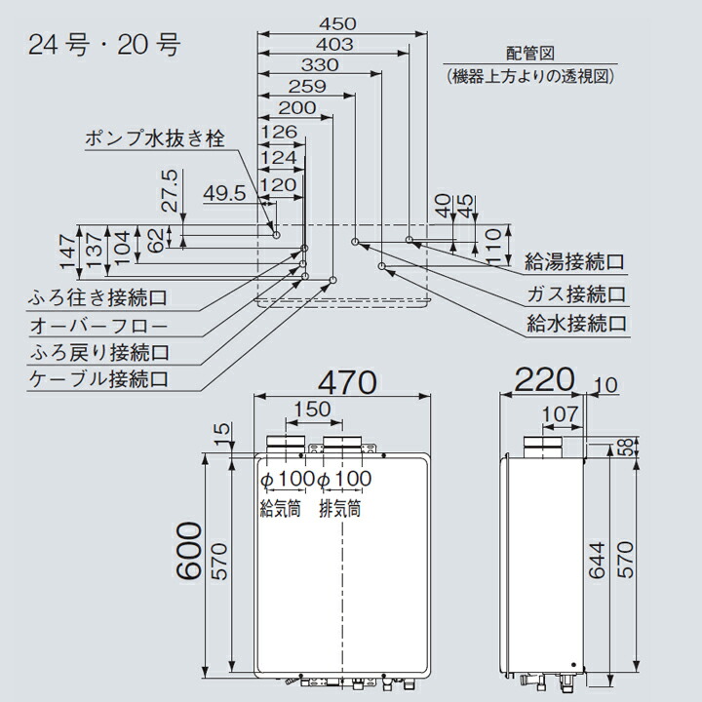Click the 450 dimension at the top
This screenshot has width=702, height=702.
click(x=337, y=23)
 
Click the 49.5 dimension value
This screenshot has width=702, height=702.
click(x=224, y=194)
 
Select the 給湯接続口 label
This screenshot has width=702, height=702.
click(x=573, y=261)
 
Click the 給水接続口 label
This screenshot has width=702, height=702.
click(x=573, y=323)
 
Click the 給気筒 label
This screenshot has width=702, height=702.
click(x=280, y=508)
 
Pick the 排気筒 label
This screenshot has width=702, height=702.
click(x=340, y=508)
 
